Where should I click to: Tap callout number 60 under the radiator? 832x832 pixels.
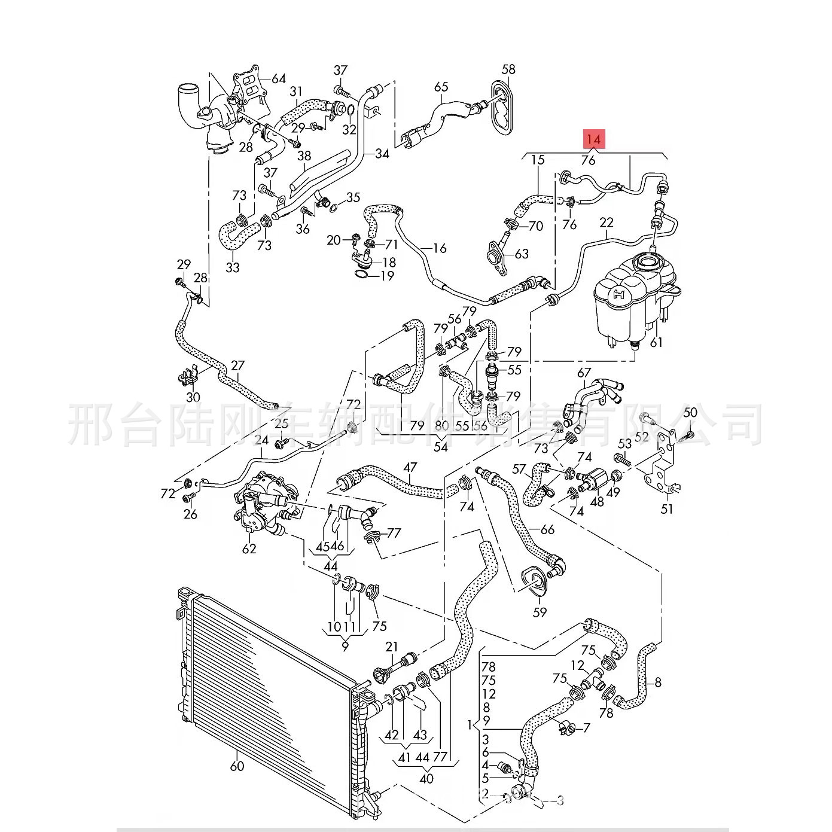point(237,766)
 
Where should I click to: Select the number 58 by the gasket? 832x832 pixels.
point(508,70)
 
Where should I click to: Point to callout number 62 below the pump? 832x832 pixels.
point(249,548)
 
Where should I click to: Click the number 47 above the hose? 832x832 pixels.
point(410,467)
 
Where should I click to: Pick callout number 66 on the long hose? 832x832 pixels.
point(547,529)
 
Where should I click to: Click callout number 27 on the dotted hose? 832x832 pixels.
point(237,365)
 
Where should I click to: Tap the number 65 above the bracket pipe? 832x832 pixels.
point(441,87)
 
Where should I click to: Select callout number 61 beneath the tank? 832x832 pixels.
point(656,342)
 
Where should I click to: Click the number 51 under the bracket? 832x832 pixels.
point(667,509)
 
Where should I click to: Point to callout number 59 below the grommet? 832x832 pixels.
point(540,612)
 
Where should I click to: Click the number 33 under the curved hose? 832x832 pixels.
point(232,267)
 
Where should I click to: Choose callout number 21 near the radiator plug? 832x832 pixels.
point(391,647)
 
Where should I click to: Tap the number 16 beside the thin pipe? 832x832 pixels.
point(440,248)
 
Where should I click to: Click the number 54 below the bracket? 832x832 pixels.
point(441,447)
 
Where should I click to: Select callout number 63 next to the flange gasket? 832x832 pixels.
point(522,254)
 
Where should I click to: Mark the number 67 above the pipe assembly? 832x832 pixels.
point(584,373)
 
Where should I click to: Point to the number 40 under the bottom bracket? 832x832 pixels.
point(426,779)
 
